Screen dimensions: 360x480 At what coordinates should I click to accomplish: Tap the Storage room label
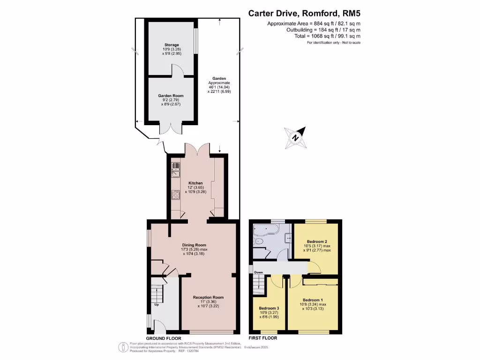click(x=172, y=45)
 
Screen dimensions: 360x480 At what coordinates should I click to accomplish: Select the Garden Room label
click(x=171, y=96)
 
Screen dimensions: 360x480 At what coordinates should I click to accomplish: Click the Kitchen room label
click(x=195, y=183)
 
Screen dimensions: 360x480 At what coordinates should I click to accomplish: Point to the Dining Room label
click(x=194, y=245)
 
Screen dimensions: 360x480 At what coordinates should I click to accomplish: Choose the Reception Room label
click(x=208, y=297)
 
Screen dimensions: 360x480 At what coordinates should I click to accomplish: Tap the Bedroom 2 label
click(x=316, y=242)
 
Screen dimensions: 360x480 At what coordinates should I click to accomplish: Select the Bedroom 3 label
click(x=269, y=308)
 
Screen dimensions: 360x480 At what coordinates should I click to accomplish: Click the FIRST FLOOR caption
click(x=262, y=338)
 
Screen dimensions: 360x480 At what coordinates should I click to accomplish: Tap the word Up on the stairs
click(x=157, y=305)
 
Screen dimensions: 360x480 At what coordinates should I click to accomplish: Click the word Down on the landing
click(x=258, y=272)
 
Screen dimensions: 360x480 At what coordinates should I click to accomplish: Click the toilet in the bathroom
click(x=260, y=241)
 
